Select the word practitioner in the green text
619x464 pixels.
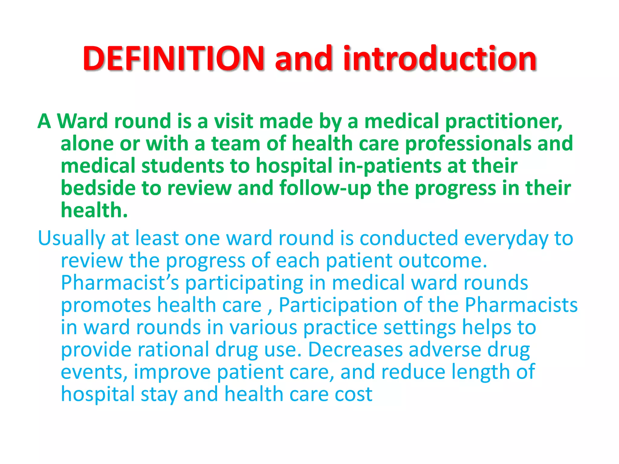(504, 121)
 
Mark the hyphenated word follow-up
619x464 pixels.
(325, 188)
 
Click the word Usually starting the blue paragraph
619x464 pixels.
(71, 239)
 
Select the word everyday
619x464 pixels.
(506, 239)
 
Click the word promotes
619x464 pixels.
(106, 305)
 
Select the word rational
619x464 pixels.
(173, 350)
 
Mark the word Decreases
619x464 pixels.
(355, 350)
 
